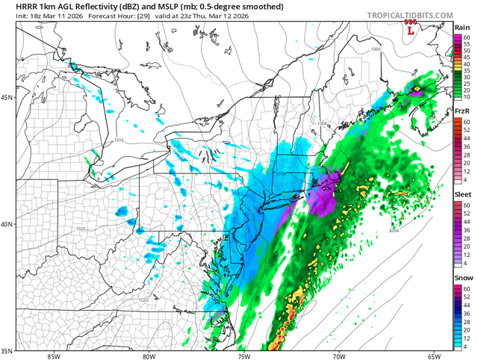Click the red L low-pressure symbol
pos(409,31)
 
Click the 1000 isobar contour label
pos(375,50)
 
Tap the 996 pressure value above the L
pos(409,23)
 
